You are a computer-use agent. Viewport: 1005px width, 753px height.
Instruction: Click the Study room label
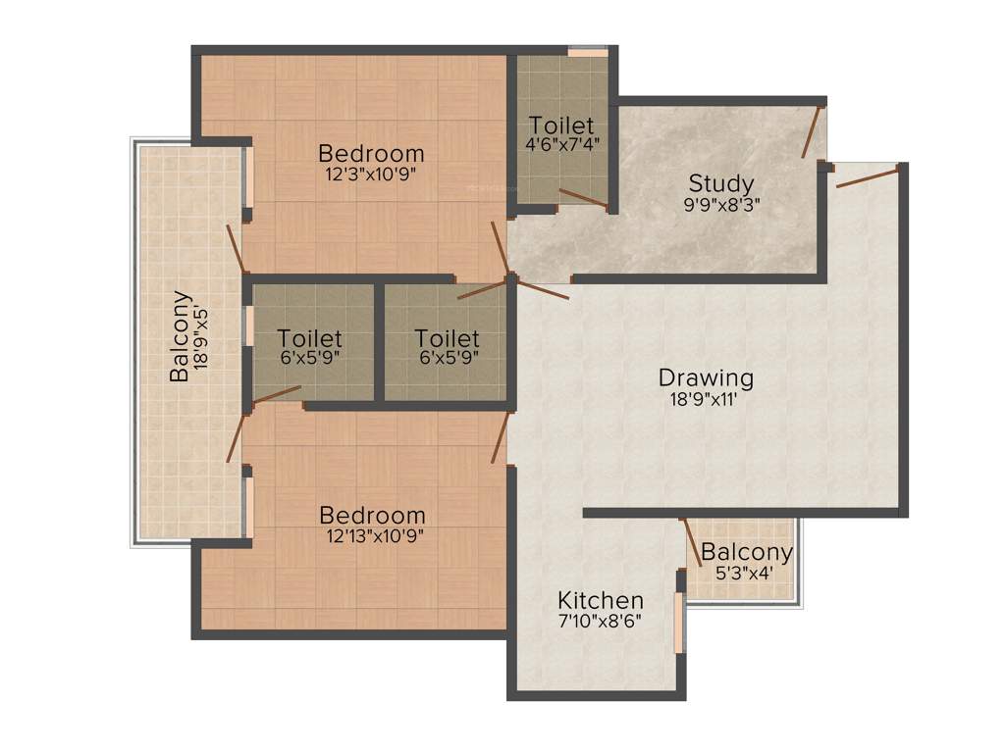(720, 183)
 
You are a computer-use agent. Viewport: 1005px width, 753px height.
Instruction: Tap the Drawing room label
(706, 377)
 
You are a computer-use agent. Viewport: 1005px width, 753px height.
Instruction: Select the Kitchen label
(601, 600)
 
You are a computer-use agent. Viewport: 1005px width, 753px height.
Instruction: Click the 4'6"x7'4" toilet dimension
(562, 143)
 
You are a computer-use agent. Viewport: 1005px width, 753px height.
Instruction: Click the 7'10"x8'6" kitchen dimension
(601, 621)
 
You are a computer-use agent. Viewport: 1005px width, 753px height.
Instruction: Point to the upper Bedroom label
(371, 154)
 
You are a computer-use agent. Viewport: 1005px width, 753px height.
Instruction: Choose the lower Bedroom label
(372, 515)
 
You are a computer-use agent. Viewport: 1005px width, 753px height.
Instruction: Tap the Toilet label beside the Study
(561, 125)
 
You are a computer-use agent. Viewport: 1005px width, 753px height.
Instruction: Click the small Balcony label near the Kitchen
(747, 552)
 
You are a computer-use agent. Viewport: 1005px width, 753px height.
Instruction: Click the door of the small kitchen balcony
(692, 543)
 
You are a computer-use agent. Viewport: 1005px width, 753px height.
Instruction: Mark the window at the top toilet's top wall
(587, 50)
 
